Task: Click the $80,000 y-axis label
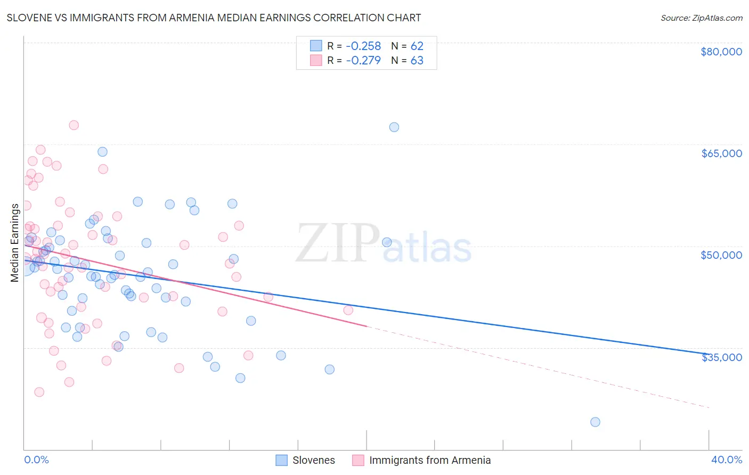[721, 52]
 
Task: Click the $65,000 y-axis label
[721, 153]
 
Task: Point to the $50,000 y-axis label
[721, 255]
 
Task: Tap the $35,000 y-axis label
[721, 357]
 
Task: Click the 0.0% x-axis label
[36, 460]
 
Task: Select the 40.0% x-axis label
[726, 460]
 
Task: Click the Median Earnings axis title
[14, 243]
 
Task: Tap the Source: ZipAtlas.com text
[701, 18]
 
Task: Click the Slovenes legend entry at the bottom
[313, 460]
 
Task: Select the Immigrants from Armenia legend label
[429, 460]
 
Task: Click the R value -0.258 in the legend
[363, 46]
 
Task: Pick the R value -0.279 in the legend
[363, 61]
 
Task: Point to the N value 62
[417, 46]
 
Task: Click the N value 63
[417, 61]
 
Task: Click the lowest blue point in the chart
[595, 422]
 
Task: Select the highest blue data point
[394, 127]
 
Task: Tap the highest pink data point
[74, 125]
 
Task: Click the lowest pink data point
[39, 392]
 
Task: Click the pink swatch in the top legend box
[316, 60]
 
